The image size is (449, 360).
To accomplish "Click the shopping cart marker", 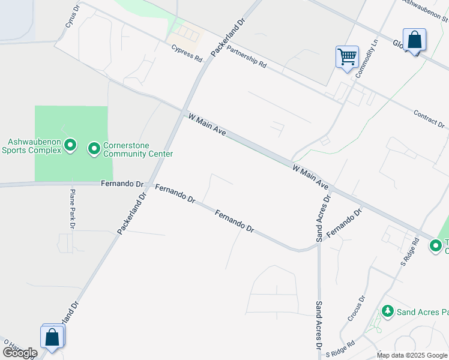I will pyautogui.click(x=348, y=57).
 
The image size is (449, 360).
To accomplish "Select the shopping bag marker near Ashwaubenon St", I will pyautogui.click(x=414, y=40).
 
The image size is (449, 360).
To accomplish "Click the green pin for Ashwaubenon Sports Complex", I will pyautogui.click(x=70, y=145).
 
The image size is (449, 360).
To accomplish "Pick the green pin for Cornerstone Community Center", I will pyautogui.click(x=94, y=148).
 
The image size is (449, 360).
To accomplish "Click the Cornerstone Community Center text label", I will pyautogui.click(x=138, y=149).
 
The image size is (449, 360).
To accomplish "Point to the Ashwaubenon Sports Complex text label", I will pyautogui.click(x=34, y=146).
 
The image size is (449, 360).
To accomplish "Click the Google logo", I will pyautogui.click(x=20, y=353).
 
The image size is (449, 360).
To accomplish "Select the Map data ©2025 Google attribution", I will pyautogui.click(x=412, y=355).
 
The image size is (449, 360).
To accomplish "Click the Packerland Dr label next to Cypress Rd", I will pyautogui.click(x=229, y=38).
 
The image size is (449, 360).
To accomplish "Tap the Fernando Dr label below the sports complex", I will pyautogui.click(x=122, y=184).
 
